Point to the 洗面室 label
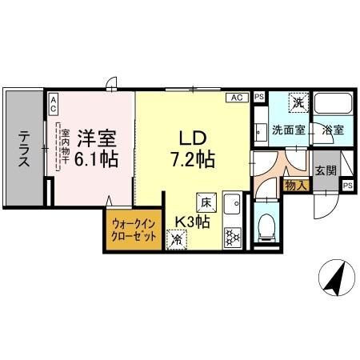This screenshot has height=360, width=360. click(286, 130)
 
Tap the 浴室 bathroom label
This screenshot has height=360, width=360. click(327, 130)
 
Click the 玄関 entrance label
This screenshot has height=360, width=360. click(324, 170)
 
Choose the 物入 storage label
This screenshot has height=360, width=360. click(294, 185)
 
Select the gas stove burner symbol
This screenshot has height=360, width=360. click(233, 236)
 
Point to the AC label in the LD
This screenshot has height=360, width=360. click(238, 98)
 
